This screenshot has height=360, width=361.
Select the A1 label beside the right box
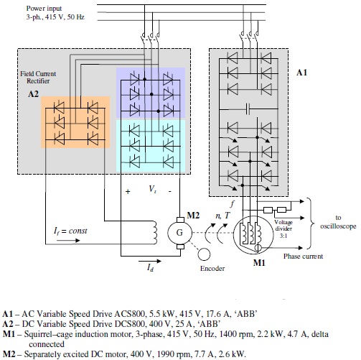coord(301,73)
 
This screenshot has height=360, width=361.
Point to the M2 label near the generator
coord(192,214)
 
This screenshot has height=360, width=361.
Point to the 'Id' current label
coord(149,267)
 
